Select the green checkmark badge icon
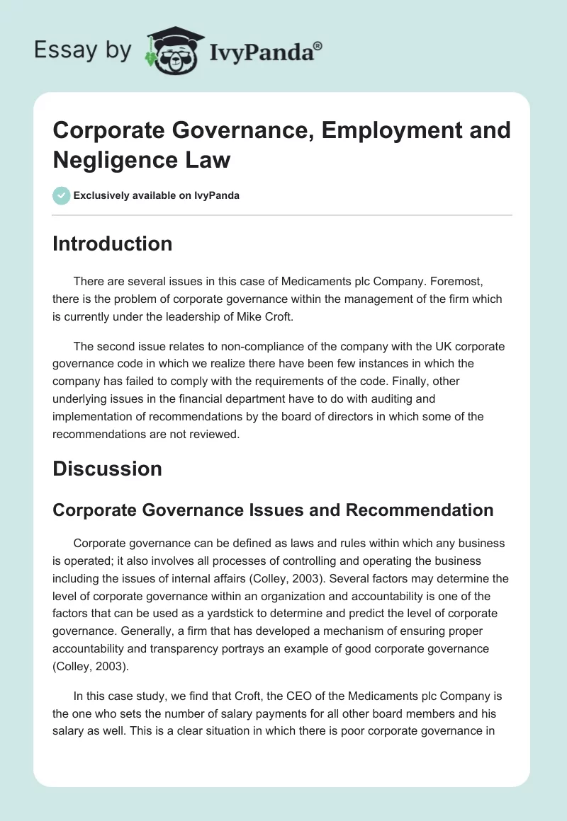(x=62, y=195)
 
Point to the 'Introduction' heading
(x=112, y=243)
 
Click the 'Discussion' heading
(x=107, y=469)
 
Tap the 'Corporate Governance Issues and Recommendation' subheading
(x=273, y=510)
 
